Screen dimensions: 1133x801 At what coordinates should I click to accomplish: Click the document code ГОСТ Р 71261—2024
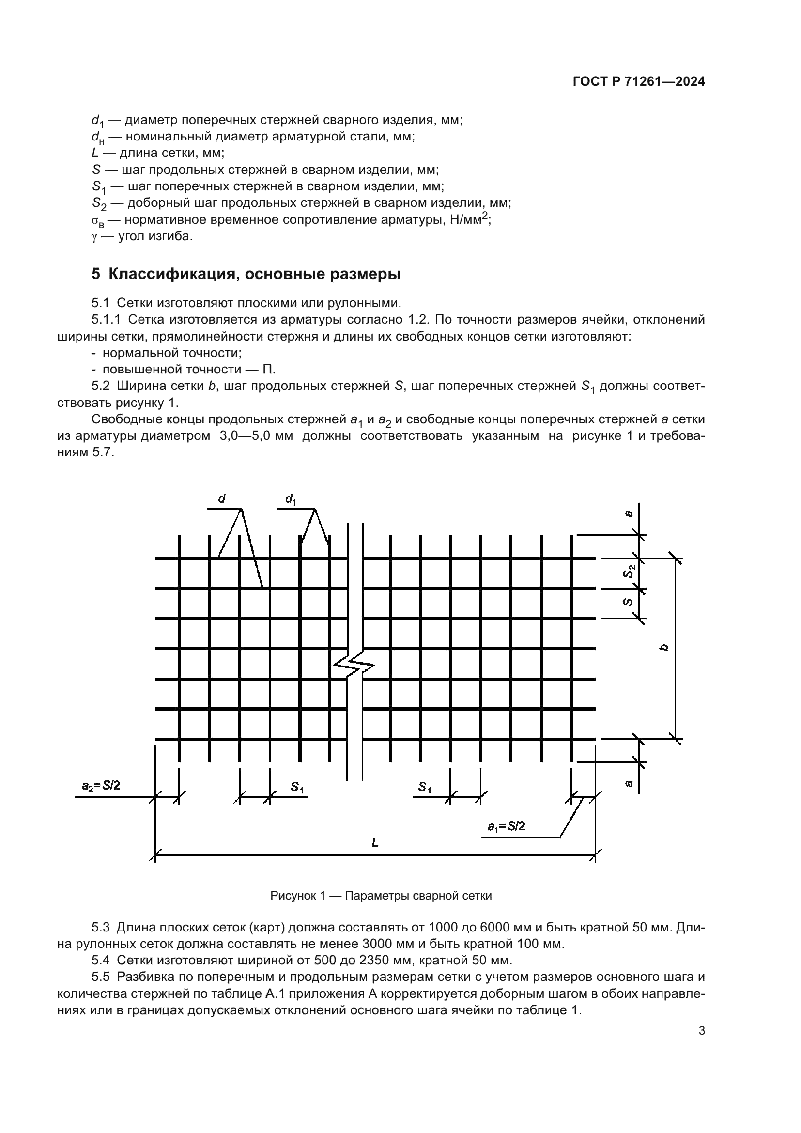click(638, 82)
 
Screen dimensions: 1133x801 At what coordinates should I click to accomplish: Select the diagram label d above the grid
click(221, 499)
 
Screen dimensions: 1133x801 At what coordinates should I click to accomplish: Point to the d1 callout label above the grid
click(291, 499)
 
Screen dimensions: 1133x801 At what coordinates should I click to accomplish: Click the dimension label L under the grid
click(375, 842)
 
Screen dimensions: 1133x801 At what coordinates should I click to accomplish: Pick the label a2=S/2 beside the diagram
click(101, 785)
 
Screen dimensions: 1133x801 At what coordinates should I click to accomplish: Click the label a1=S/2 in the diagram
click(506, 826)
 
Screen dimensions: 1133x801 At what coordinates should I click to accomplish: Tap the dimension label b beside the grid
click(664, 647)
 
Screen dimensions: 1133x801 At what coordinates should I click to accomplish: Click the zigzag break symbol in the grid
click(354, 668)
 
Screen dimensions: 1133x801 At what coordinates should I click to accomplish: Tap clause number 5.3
click(100, 927)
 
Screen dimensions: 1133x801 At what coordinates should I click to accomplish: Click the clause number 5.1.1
click(106, 320)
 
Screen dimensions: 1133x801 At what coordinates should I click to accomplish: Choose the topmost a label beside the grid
click(629, 513)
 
